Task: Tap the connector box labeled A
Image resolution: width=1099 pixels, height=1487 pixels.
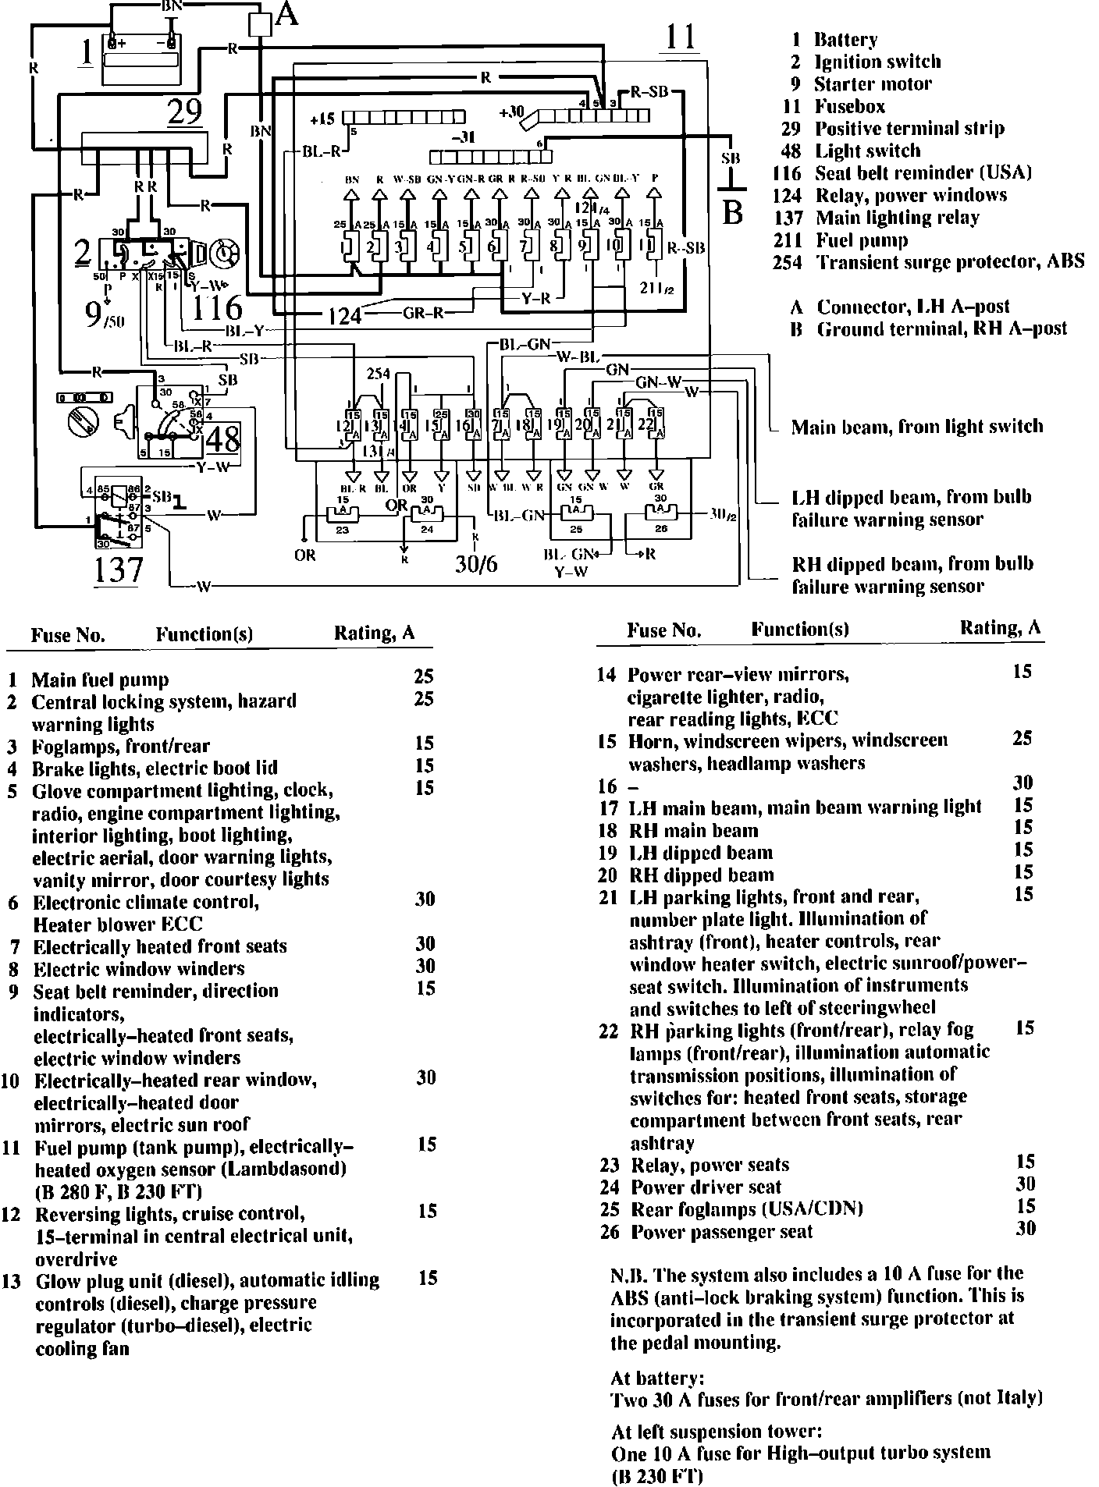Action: [258, 24]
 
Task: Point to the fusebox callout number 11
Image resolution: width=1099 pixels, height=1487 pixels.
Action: [681, 37]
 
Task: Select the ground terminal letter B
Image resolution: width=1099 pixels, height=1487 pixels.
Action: [731, 211]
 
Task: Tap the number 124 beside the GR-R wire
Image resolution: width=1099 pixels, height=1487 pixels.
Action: [344, 315]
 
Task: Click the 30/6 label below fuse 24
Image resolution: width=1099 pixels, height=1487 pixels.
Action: [476, 563]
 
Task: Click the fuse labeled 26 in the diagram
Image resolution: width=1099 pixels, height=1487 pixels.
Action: [660, 518]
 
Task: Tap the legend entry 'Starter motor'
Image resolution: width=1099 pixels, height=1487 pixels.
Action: [872, 84]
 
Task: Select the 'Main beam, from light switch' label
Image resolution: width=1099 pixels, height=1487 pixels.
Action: [916, 427]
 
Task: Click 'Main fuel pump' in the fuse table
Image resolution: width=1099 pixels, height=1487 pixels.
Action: [100, 680]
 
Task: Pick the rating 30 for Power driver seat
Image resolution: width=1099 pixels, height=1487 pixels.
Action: [1025, 1184]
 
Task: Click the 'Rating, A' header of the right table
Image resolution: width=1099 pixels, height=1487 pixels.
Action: [1000, 628]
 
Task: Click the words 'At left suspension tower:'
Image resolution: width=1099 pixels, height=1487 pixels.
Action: [717, 1432]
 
